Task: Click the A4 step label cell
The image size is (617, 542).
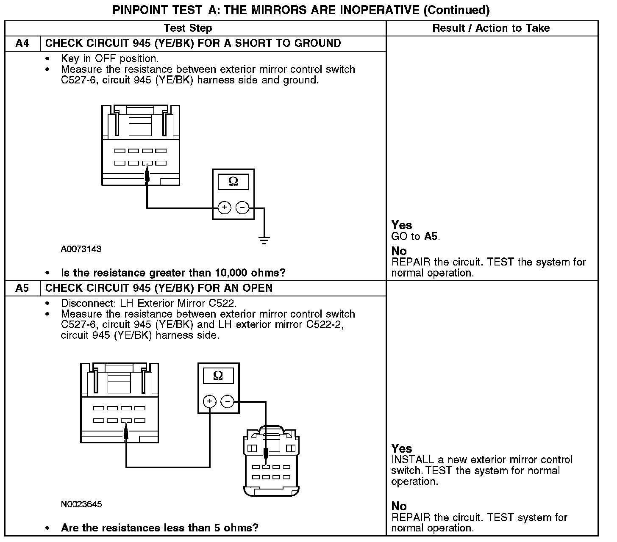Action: [22, 44]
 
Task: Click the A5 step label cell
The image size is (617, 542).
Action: [22, 288]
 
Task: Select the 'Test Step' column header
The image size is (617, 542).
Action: [188, 28]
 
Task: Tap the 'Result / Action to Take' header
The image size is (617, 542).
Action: [491, 28]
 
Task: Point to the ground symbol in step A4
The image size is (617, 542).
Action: [264, 241]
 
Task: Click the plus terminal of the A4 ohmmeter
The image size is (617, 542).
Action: [224, 208]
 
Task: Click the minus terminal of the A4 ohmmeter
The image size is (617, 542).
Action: [242, 208]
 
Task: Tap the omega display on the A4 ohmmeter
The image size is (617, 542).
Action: [233, 182]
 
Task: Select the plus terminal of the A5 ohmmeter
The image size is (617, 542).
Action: [210, 401]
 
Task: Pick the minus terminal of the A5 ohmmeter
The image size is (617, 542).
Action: [228, 401]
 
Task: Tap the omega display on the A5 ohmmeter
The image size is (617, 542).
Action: [218, 376]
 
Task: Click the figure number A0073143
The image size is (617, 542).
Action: [81, 249]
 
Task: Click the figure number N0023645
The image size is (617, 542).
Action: [81, 504]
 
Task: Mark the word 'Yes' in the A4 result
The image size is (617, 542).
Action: [401, 225]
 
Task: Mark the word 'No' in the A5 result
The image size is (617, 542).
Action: [399, 506]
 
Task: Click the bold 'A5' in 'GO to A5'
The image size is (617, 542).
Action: [431, 236]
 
